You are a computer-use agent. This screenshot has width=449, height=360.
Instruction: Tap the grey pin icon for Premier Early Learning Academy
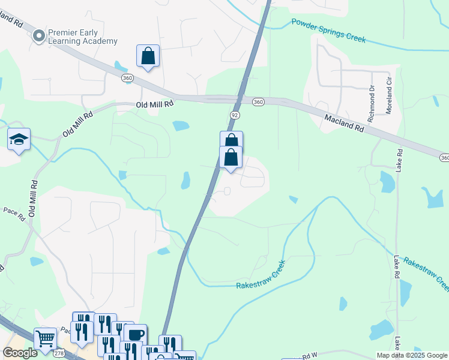point(39,36)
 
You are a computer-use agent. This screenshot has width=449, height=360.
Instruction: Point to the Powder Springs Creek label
point(328,30)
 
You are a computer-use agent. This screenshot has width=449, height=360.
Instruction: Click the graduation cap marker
point(19,140)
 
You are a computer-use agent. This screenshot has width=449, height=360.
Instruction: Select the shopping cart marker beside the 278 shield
point(45,339)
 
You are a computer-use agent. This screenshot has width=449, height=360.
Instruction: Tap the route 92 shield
point(235,113)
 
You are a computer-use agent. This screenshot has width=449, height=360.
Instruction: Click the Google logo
point(20,353)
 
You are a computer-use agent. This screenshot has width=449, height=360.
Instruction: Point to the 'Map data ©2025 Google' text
point(412,355)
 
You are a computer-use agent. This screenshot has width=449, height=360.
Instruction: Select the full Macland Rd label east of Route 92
point(345,124)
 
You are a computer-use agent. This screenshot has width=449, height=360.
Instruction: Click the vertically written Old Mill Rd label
point(33,198)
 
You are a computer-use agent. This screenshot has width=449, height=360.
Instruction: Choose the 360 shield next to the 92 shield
point(258,101)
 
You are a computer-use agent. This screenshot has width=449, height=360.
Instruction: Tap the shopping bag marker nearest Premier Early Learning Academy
point(148,56)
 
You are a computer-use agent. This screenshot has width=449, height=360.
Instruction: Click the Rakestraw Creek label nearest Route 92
point(259,275)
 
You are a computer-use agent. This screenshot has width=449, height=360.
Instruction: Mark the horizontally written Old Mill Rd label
point(154,104)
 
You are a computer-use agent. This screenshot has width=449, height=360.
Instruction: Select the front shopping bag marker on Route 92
point(231,158)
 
